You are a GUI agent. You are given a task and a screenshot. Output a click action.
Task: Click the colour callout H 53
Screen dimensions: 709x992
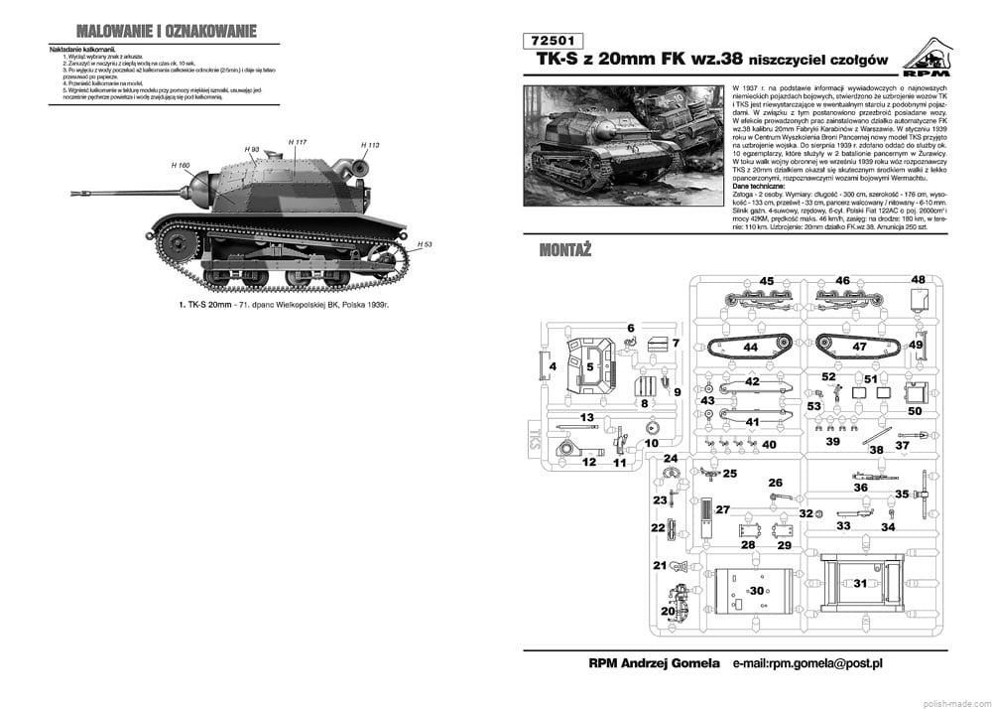tap(426, 243)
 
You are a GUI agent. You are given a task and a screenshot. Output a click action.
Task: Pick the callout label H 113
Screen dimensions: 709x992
tap(370, 145)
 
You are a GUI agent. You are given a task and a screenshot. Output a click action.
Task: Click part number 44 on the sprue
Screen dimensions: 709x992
tap(750, 348)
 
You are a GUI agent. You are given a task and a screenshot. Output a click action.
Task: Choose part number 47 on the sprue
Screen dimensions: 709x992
tap(859, 348)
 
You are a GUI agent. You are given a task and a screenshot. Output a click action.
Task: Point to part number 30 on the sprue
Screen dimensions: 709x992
tap(758, 591)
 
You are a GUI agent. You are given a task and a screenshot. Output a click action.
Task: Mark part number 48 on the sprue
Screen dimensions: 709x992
tap(919, 280)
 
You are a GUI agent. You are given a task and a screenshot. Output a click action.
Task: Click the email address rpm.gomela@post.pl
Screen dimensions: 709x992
tap(807, 662)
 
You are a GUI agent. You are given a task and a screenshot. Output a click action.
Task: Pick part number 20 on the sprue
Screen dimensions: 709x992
tap(666, 610)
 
